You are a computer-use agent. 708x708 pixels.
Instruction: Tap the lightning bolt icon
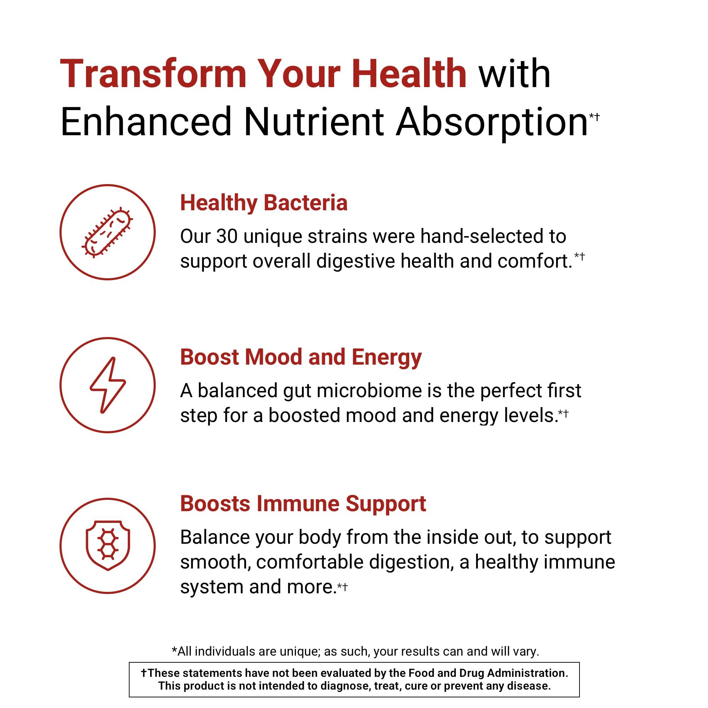coord(107,385)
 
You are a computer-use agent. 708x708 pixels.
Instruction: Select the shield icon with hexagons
coord(107,546)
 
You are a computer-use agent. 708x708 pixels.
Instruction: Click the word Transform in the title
coord(153,74)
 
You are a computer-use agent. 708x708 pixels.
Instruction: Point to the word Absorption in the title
coord(492,122)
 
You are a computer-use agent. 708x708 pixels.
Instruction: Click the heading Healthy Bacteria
coord(263,202)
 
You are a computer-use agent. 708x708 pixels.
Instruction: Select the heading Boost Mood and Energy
coord(301,357)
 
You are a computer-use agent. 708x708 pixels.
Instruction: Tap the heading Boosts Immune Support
coord(303,503)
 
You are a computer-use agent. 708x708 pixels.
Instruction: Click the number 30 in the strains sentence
coord(227,236)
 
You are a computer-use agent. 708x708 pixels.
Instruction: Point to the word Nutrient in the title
coord(314,122)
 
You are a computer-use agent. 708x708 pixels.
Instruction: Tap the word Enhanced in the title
coord(146,122)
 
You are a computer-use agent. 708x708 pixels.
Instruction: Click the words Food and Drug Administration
coord(488,673)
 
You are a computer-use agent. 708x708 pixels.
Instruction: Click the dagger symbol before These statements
coord(144,673)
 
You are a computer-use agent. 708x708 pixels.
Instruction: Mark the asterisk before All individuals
coord(175,651)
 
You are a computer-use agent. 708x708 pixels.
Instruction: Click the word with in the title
coord(514,74)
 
